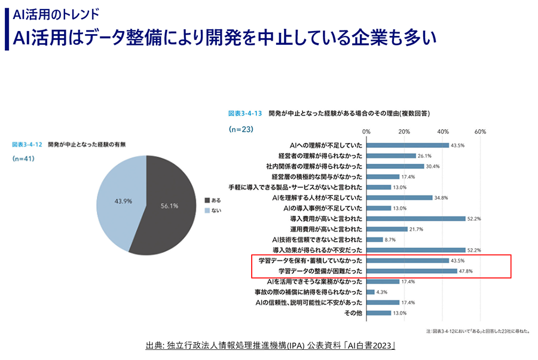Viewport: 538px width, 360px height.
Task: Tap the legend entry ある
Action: tap(213, 200)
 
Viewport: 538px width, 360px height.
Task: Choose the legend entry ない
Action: tap(213, 210)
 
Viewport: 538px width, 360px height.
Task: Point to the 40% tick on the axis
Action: tap(443, 132)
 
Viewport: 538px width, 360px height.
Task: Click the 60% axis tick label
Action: tap(481, 132)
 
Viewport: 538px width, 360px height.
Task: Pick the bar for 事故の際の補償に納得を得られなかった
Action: tap(371, 292)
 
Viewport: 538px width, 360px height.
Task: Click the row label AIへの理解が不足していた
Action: tap(325, 145)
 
